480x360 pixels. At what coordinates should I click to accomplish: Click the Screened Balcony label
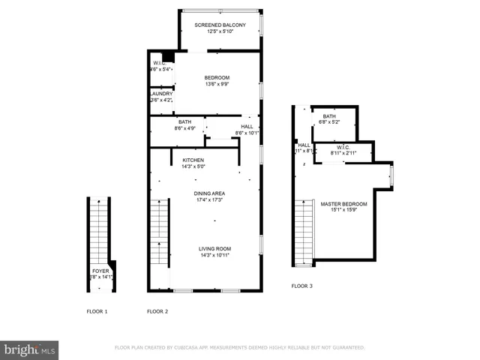(220, 28)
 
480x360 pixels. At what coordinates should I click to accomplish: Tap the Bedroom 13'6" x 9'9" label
(217, 81)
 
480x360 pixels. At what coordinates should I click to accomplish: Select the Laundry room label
(161, 97)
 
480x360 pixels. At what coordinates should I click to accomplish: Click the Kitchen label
(193, 163)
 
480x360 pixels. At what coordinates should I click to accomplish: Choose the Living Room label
(214, 252)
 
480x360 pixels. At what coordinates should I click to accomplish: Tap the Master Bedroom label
(343, 208)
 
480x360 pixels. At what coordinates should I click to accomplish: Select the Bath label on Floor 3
(329, 119)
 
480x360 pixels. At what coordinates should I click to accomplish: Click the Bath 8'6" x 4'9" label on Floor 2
(184, 125)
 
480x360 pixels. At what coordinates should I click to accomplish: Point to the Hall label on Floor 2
(247, 130)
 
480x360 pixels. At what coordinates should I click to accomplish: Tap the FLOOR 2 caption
(157, 311)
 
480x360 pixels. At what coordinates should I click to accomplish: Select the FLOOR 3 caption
(302, 286)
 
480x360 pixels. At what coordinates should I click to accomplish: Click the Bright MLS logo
(30, 349)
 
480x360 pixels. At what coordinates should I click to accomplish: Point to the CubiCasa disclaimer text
(239, 348)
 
